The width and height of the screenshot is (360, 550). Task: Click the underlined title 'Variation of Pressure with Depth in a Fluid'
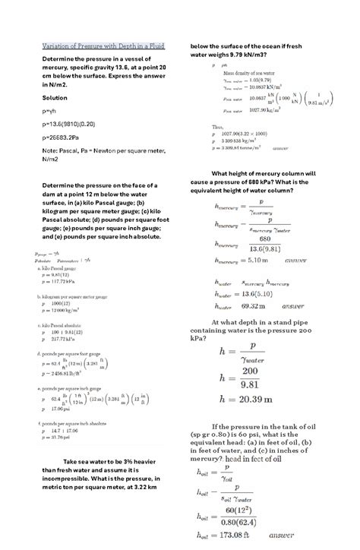tap(103, 46)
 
